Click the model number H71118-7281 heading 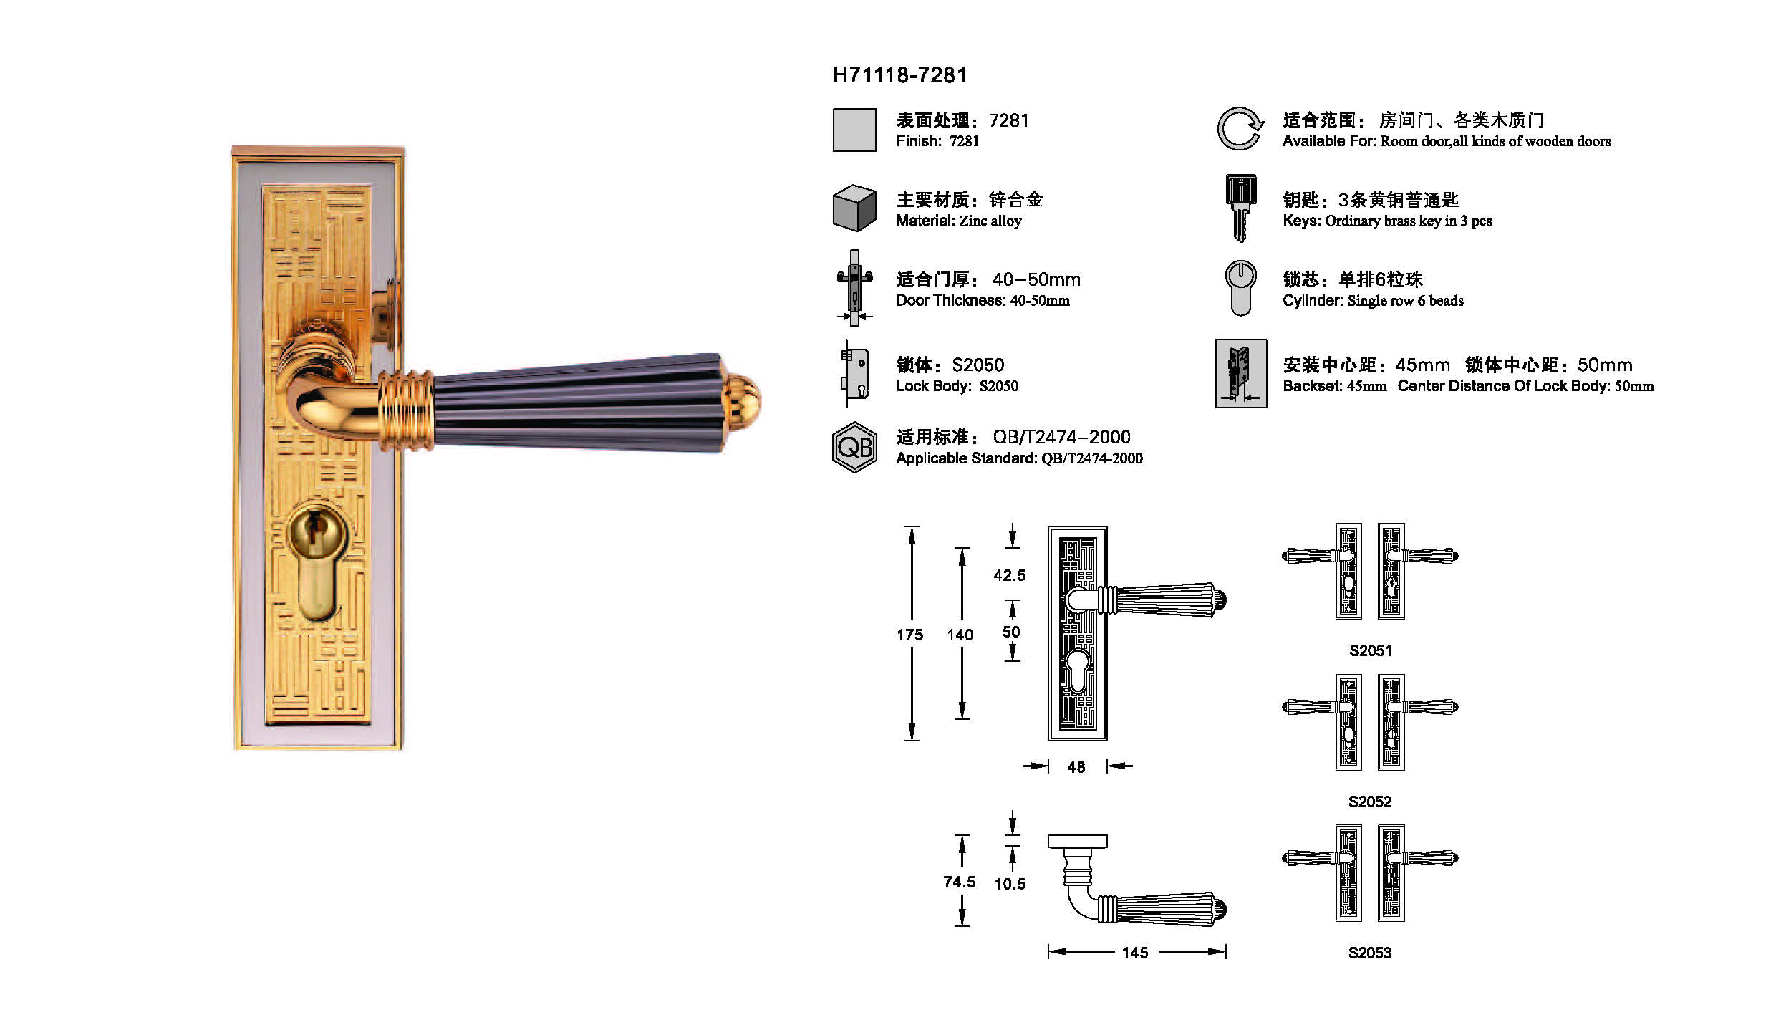pos(899,75)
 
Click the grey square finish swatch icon pos(854,130)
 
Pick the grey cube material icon pos(854,208)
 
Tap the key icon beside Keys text pos(1240,208)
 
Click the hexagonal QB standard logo pos(854,447)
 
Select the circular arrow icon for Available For pos(1240,129)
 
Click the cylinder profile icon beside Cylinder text pos(1240,288)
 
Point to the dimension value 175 pos(909,635)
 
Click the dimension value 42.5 pos(1010,575)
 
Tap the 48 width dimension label pos(1076,767)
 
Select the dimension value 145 pos(1135,953)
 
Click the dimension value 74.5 pos(960,882)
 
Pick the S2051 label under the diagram pos(1371,650)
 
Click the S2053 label pos(1370,953)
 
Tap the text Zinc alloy pos(990,221)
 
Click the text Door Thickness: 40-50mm pos(983,300)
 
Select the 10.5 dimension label pos(1010,884)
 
